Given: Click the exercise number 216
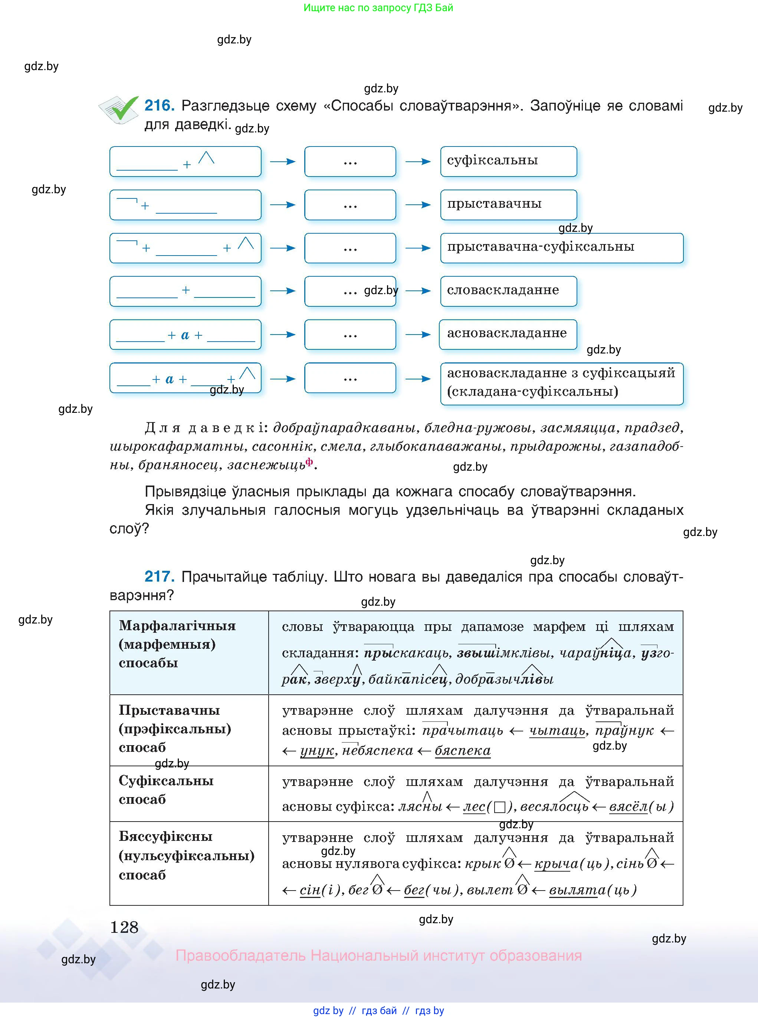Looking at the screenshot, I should (x=159, y=105).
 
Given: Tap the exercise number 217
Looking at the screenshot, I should (x=159, y=576).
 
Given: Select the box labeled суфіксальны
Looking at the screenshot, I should (x=508, y=161).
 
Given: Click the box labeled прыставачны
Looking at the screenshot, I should (x=508, y=204).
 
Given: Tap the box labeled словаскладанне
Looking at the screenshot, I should (x=508, y=291).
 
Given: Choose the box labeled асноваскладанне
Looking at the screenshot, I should (x=507, y=334).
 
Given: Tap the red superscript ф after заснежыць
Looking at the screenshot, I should (x=309, y=461).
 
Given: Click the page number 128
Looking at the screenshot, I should (x=124, y=927).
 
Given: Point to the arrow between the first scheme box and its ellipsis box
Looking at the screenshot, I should (x=282, y=161).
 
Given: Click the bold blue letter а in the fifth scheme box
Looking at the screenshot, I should (x=185, y=335).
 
